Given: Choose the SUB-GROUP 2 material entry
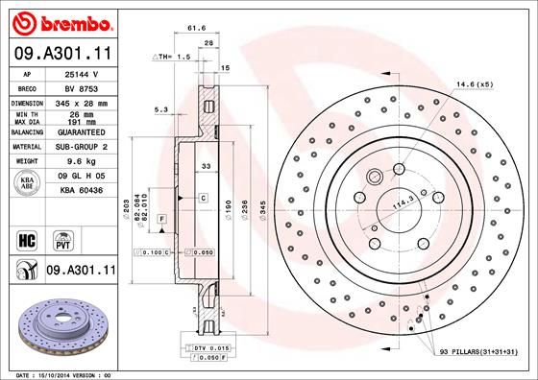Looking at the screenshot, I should pos(79,147).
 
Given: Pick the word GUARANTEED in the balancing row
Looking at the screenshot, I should pos(79,131).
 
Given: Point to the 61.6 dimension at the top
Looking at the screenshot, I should pos(197,29).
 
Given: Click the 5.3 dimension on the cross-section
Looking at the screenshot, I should pos(160,110).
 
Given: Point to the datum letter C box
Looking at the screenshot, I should pos(204,198).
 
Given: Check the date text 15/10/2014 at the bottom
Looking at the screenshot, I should pos(60,373).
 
